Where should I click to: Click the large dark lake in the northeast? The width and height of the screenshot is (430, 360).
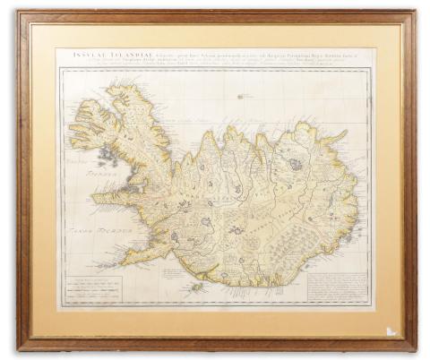tap(296, 164)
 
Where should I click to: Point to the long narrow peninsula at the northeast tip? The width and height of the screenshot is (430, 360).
tap(336, 136)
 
